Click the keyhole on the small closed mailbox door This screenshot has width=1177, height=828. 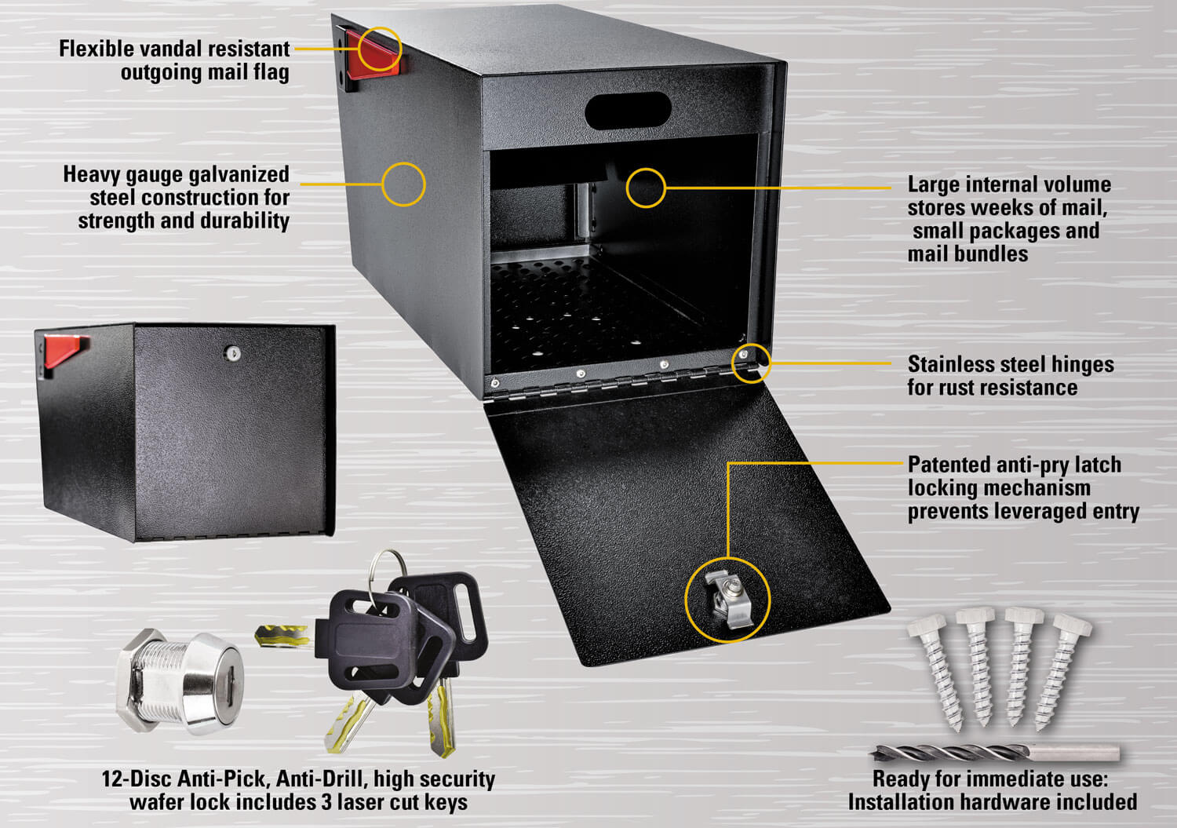(x=231, y=354)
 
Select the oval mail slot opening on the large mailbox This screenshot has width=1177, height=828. (x=629, y=111)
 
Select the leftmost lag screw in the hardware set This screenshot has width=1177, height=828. (x=937, y=668)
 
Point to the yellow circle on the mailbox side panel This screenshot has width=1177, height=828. (x=403, y=184)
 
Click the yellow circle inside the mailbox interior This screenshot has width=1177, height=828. (x=646, y=188)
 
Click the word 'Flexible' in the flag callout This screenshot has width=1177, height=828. (x=97, y=49)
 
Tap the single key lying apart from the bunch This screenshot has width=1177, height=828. (x=282, y=634)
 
